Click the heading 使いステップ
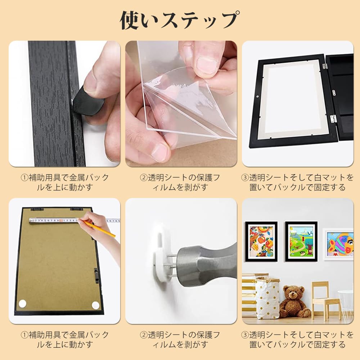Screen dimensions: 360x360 (179, 20)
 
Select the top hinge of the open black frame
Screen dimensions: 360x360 (324, 66)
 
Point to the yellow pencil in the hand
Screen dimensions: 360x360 (99, 229)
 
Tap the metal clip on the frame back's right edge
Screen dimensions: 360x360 (96, 274)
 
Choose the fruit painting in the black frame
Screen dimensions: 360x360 (261, 242)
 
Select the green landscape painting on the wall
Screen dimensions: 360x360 (301, 242)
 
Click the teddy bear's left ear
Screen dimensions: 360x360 (286, 288)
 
